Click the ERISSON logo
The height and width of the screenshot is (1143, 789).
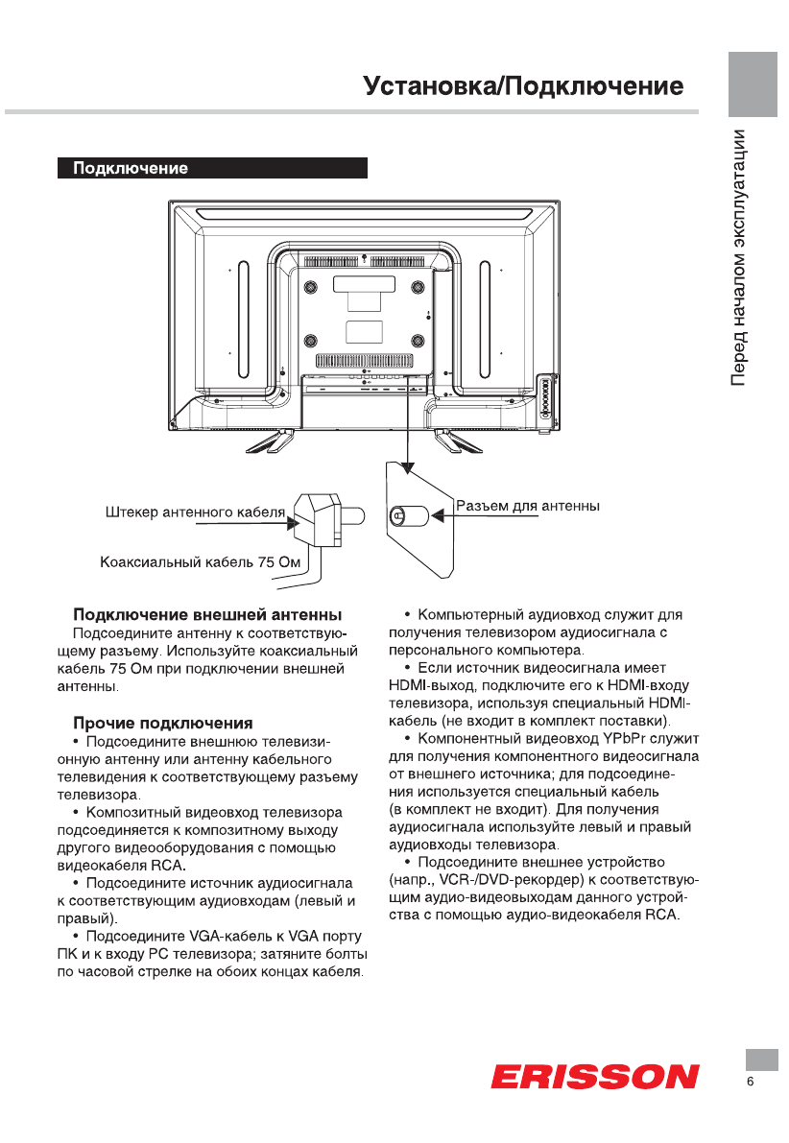coord(594,1076)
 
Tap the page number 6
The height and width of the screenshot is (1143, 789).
coord(751,1083)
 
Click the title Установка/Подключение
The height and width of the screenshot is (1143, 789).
coord(523,86)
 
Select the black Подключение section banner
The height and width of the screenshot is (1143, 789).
coord(212,169)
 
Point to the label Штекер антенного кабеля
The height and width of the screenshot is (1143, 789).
coord(195,512)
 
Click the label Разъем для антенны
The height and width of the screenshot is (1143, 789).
coord(528,506)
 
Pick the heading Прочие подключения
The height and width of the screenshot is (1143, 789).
coord(163,722)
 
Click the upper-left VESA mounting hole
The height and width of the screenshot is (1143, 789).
coord(310,288)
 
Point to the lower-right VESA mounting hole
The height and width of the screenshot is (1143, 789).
coord(417,341)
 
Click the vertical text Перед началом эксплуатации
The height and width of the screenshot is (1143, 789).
coord(739,256)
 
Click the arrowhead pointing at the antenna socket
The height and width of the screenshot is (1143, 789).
coord(438,516)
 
